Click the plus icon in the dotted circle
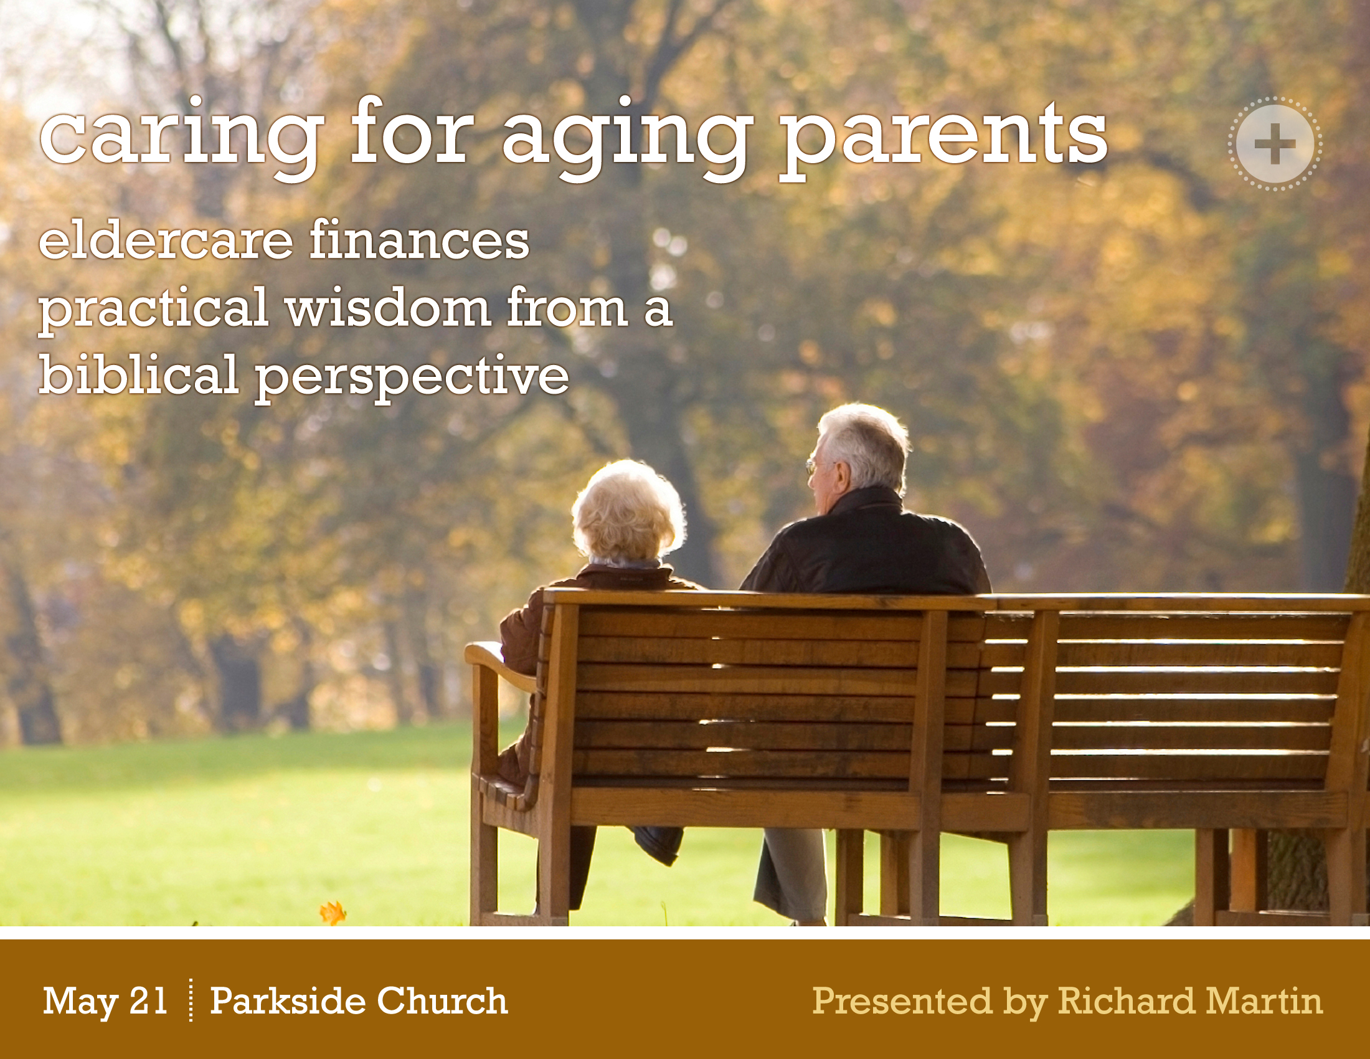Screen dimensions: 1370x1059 [1275, 145]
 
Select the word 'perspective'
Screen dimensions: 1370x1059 [412, 378]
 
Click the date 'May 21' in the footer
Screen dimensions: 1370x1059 [105, 1000]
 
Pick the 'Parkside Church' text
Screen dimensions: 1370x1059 [358, 1000]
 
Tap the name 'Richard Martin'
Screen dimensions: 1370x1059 [1190, 1000]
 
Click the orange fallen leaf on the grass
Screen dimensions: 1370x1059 [333, 913]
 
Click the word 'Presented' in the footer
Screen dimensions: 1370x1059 [902, 1000]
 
